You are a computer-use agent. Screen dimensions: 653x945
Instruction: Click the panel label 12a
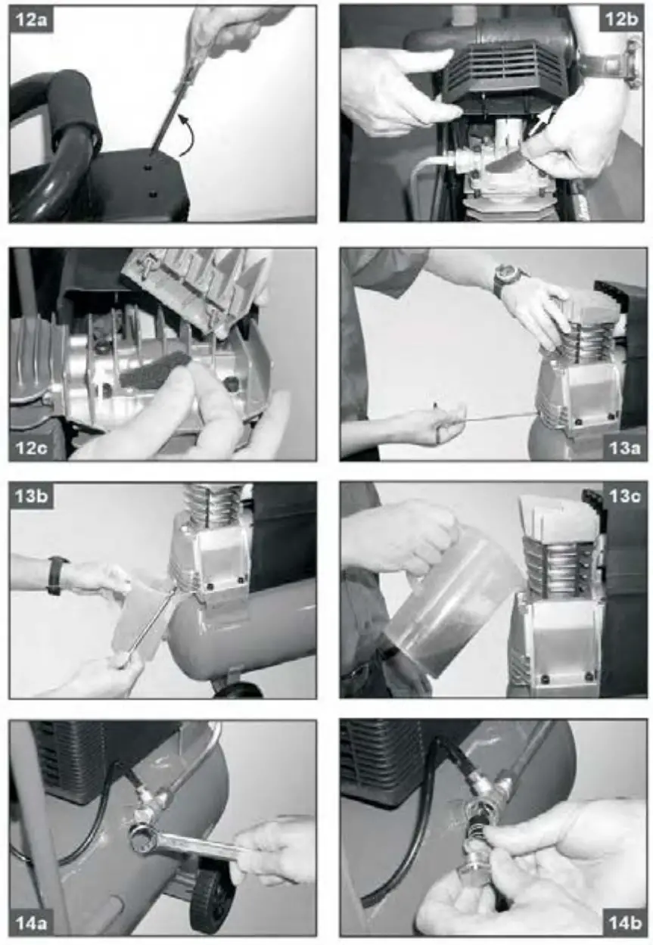32,20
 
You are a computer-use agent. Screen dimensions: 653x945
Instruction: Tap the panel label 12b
622,20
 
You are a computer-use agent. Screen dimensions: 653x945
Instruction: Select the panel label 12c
32,446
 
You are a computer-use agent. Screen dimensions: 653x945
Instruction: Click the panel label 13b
32,496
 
